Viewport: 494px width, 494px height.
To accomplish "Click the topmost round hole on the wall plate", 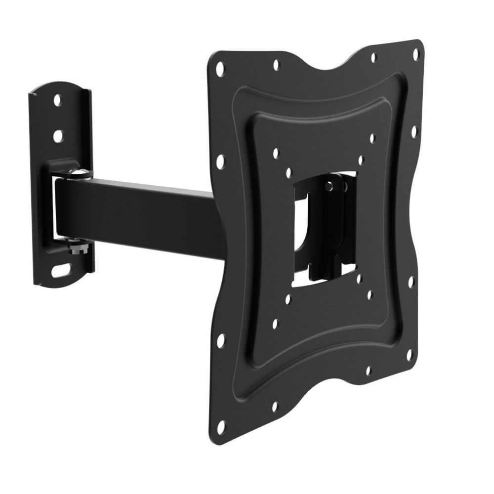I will [x=57, y=100].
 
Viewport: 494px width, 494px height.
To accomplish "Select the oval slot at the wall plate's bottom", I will [x=61, y=271].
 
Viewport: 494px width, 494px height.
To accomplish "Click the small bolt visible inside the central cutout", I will [x=329, y=186].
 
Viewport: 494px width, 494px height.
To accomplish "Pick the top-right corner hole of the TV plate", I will [x=415, y=52].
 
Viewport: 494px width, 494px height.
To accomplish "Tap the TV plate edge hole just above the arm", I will [x=220, y=161].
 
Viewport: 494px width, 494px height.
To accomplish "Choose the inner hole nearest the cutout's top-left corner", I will [x=288, y=172].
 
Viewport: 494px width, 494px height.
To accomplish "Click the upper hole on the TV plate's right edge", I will [x=414, y=131].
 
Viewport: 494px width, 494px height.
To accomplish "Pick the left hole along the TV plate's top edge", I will [x=276, y=64].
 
